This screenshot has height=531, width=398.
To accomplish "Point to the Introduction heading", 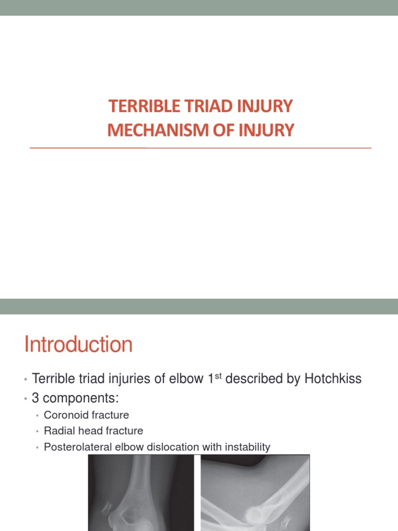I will coord(78,345).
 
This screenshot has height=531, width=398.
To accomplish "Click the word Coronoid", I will coord(65,415).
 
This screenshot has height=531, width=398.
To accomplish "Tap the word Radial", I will coord(58,431).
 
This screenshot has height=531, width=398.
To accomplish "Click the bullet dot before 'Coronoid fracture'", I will coord(37,416).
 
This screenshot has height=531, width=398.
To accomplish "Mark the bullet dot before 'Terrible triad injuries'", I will coord(25,380).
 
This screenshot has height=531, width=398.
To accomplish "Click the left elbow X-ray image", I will coord(140,493).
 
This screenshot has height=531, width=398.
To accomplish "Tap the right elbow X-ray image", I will coord(255,493).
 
